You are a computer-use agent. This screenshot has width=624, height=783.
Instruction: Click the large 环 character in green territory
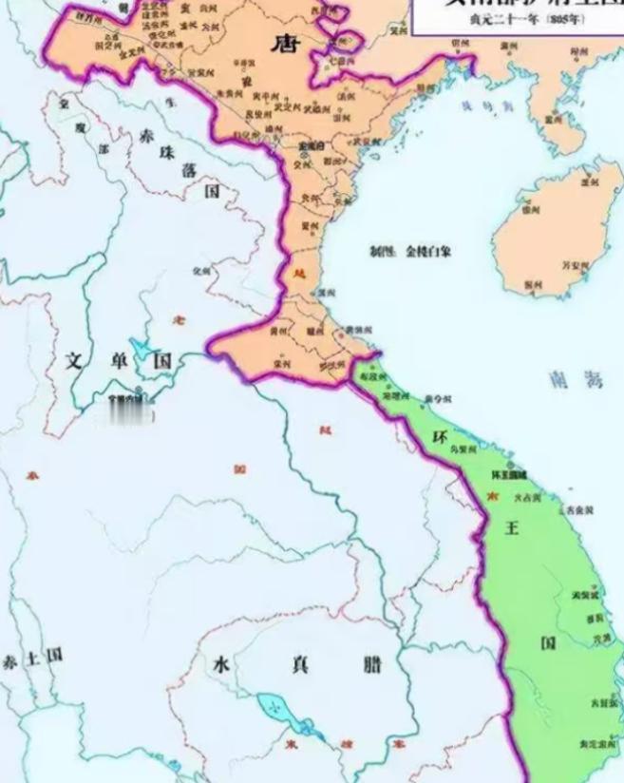440,438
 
